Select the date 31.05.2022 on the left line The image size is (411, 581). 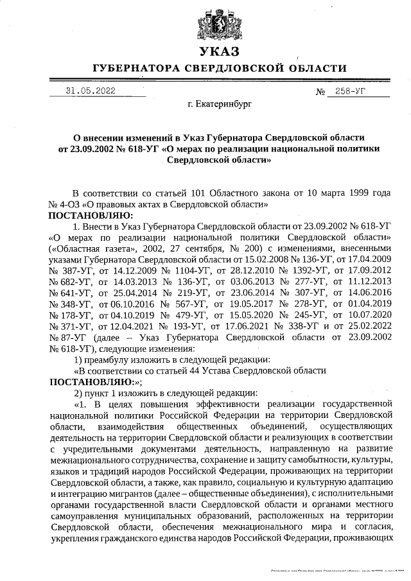(91, 91)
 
